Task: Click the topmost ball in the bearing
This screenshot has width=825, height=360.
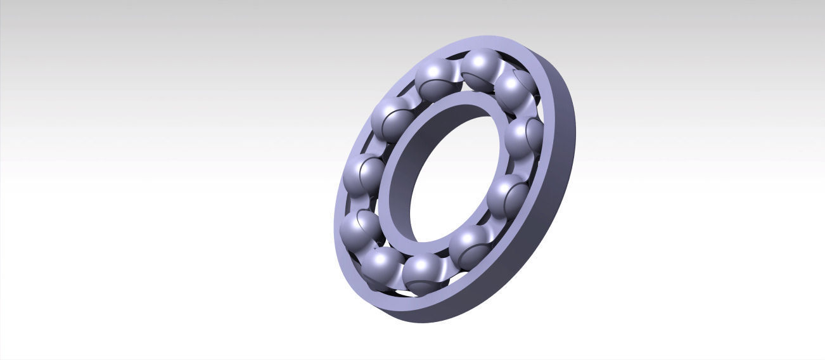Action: (481, 66)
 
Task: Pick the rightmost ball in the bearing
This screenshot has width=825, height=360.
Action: (523, 138)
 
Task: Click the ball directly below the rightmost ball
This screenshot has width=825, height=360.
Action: (507, 193)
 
